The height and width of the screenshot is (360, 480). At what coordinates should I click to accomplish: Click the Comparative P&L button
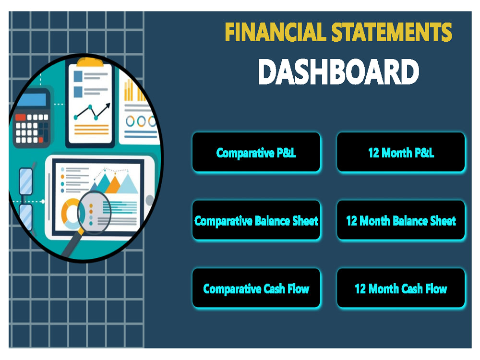256,153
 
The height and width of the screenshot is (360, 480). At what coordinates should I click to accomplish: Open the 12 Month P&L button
401,153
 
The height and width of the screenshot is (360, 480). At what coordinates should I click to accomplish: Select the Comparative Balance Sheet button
256,221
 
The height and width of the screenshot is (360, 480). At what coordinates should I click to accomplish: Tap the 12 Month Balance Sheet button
401,221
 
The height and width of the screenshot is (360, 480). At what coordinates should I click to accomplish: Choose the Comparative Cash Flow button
256,288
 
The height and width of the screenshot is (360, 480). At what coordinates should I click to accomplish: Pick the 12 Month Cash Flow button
401,288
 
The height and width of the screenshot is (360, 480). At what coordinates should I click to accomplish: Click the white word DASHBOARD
338,72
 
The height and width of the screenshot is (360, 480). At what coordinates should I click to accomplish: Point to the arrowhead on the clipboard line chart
108,105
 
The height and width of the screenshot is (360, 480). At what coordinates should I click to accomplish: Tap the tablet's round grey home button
150,200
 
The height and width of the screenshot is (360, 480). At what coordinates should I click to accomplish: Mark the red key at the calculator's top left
20,117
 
